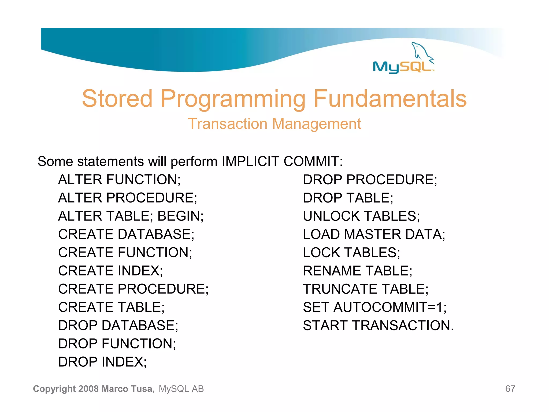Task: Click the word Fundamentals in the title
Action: [x=390, y=99]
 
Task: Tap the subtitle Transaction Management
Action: [x=274, y=124]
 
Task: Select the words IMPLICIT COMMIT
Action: [x=281, y=161]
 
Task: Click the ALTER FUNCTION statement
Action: [x=119, y=180]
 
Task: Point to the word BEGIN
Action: [x=180, y=216]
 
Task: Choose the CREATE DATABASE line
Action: [x=126, y=234]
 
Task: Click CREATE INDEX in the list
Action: [x=110, y=271]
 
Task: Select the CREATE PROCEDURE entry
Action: [x=133, y=289]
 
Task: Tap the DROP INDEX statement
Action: [x=102, y=362]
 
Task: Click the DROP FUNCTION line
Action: [x=117, y=344]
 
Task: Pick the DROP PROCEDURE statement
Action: [x=370, y=180]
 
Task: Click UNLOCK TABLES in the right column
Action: [x=361, y=216]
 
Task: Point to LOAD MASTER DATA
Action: [x=374, y=234]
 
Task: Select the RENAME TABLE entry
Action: [x=357, y=271]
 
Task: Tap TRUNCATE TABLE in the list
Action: [x=365, y=289]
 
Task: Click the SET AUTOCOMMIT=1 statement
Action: [x=374, y=307]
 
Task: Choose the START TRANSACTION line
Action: [x=378, y=326]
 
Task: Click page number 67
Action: [x=510, y=389]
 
